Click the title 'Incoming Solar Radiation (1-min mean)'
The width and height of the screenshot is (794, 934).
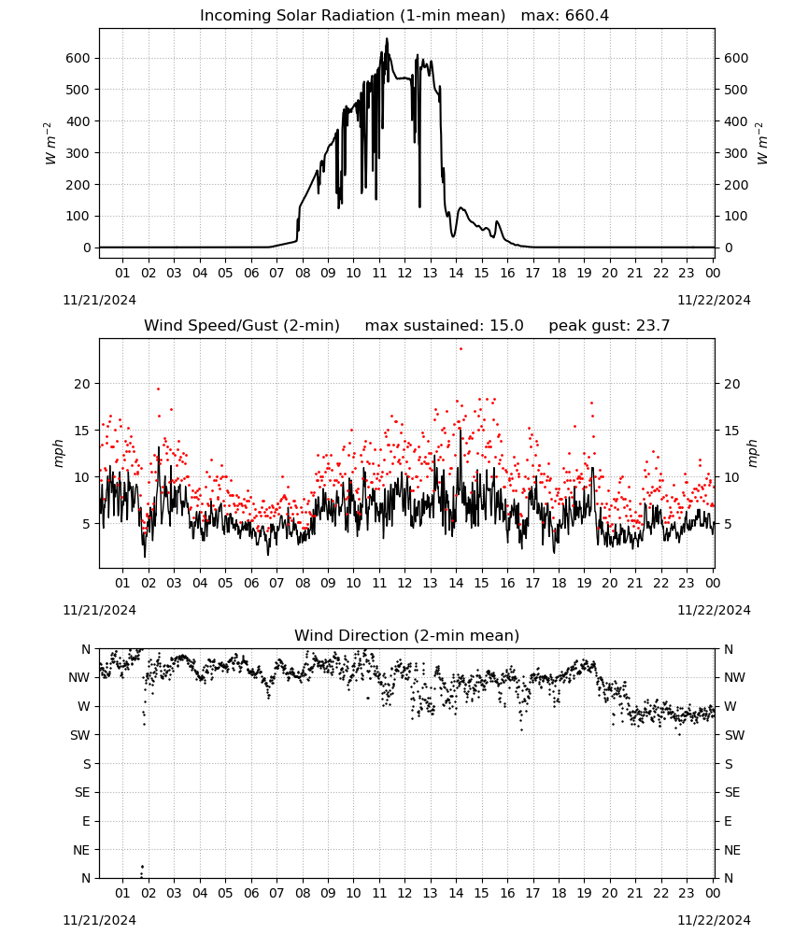(x=352, y=16)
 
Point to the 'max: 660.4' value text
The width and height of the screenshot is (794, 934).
(x=565, y=16)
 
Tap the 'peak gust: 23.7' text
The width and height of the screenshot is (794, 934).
(x=609, y=326)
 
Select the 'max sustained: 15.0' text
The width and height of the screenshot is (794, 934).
(x=444, y=326)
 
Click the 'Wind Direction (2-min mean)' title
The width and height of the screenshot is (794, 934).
(x=407, y=635)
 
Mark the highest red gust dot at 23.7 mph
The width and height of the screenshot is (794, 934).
(x=461, y=349)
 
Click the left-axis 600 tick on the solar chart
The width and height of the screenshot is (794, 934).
(x=78, y=58)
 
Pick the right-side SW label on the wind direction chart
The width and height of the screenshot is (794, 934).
(x=734, y=735)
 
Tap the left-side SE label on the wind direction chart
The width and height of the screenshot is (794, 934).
(x=82, y=792)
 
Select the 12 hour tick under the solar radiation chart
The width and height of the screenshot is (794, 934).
(x=404, y=273)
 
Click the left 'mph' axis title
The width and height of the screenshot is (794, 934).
(x=58, y=453)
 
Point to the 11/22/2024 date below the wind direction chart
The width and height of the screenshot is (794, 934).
(x=714, y=920)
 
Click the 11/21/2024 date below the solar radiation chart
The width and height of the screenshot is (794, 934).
(x=99, y=300)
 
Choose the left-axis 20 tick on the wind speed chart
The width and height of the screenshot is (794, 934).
(x=82, y=384)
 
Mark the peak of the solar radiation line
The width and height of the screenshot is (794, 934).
(x=387, y=38)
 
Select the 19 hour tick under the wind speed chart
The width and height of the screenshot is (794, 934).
(x=585, y=583)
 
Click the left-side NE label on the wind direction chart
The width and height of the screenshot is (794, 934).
(x=81, y=850)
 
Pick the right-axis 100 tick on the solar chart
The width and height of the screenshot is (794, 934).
(x=736, y=217)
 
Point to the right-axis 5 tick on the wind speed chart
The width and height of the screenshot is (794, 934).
(x=728, y=524)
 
